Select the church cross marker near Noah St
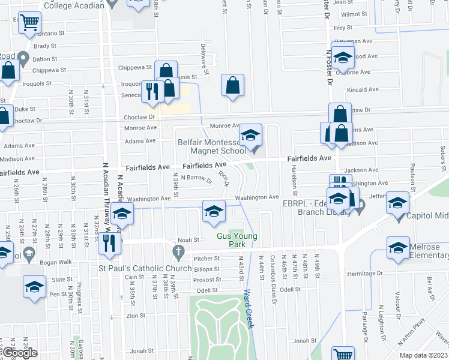(177, 250)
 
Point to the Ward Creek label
(248, 309)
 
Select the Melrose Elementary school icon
(398, 248)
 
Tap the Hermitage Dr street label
(366, 274)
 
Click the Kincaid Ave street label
(363, 89)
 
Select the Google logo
(19, 353)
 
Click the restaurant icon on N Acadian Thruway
(109, 243)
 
